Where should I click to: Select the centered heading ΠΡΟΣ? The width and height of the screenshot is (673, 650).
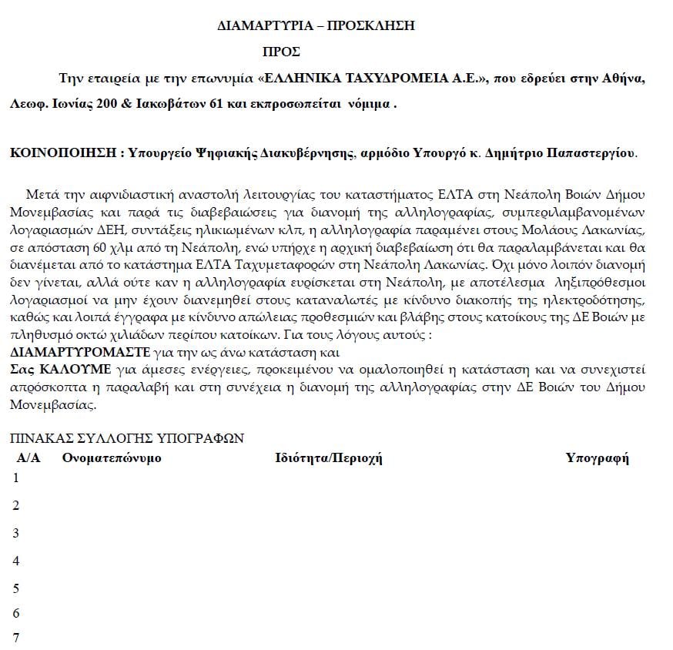click(281, 52)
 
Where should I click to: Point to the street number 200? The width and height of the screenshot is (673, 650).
click(108, 104)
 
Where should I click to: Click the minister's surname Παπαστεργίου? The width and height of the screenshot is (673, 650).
click(588, 153)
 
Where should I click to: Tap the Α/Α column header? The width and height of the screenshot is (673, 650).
click(28, 459)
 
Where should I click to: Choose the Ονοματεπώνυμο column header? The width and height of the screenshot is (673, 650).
click(112, 459)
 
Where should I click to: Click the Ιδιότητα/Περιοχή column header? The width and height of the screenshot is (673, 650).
click(329, 459)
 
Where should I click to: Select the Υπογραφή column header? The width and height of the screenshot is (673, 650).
click(598, 459)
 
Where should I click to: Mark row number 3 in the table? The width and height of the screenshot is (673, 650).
click(16, 533)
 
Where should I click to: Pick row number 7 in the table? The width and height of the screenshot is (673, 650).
click(16, 638)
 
